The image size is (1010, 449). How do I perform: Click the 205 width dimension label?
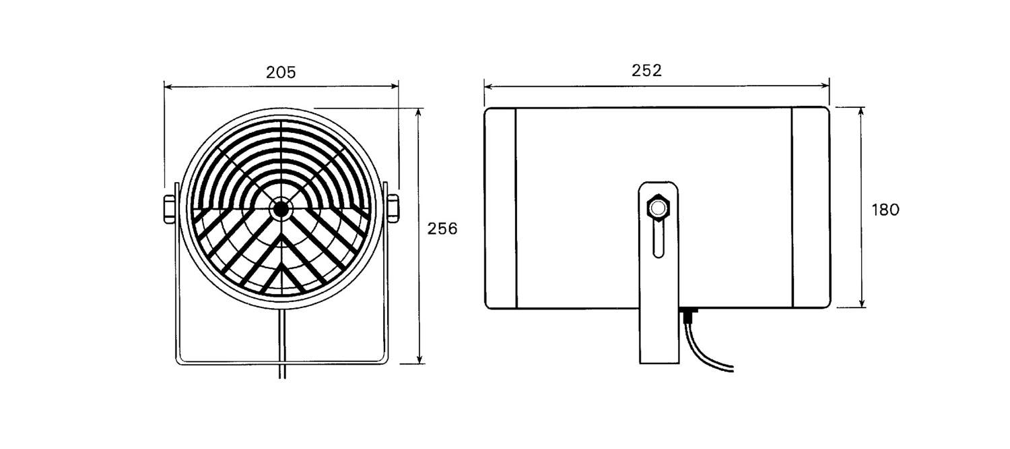coord(281,72)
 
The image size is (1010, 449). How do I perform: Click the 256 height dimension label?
coord(442,229)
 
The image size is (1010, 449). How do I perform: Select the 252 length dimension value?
coord(646,70)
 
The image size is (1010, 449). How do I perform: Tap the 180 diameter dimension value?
coord(885,210)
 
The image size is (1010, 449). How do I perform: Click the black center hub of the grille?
coord(281,209)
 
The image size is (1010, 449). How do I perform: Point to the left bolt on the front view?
coord(169,209)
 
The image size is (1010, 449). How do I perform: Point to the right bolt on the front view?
coord(393,209)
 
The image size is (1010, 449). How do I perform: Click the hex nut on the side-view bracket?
coord(659,208)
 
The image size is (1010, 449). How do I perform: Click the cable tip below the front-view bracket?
coord(282,376)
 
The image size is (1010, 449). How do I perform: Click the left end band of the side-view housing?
coord(500,208)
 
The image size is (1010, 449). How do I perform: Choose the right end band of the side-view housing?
coord(811,208)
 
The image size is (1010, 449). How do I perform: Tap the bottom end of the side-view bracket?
coord(659,362)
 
